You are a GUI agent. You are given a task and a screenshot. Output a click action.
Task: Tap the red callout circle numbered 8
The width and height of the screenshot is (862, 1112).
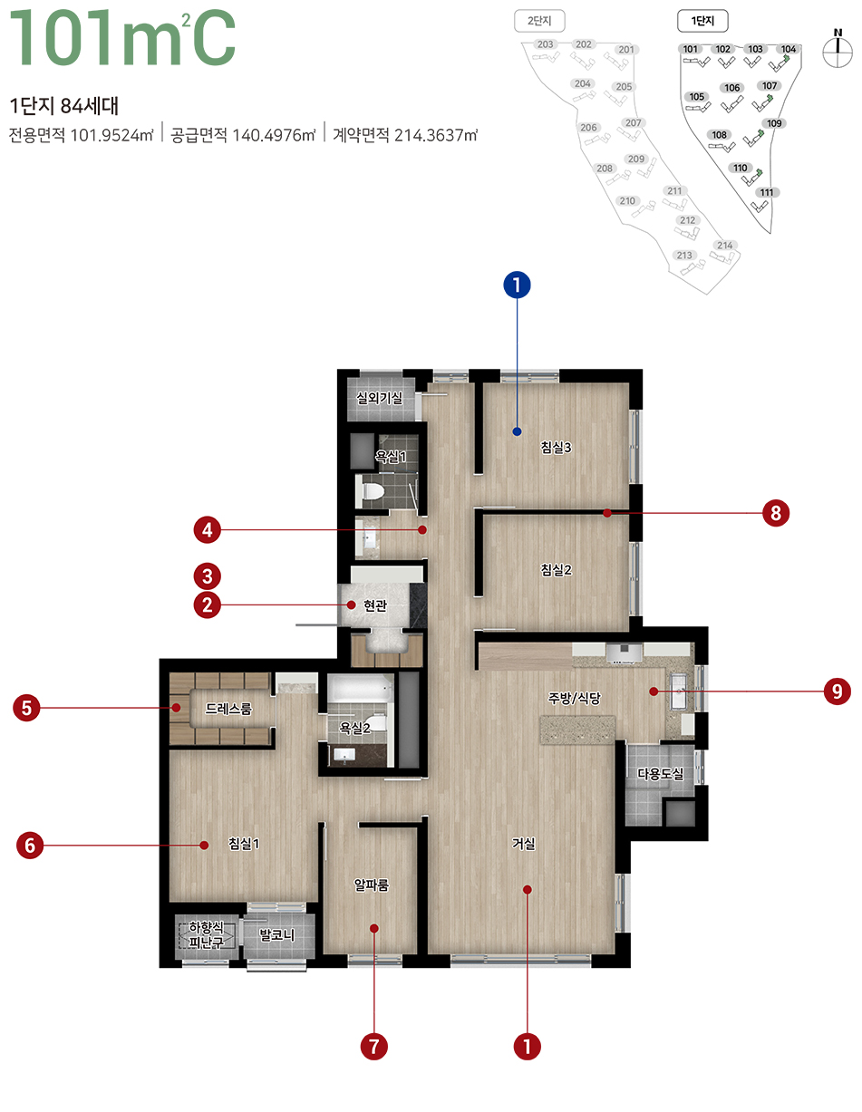click(775, 514)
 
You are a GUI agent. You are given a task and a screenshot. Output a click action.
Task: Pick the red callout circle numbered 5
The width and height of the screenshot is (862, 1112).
click(27, 707)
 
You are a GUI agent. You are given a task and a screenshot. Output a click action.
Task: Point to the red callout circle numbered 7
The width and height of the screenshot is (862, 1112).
click(373, 1047)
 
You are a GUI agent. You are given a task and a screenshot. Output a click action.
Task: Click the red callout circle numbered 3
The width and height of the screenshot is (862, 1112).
click(208, 575)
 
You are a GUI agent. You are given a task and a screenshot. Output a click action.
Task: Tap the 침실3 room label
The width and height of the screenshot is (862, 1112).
click(555, 447)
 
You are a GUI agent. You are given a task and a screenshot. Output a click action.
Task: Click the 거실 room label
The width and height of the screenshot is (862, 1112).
click(524, 844)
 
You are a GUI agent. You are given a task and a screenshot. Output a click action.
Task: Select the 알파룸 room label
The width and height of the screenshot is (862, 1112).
click(372, 885)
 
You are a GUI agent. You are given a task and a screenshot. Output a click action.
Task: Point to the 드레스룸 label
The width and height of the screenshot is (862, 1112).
click(228, 709)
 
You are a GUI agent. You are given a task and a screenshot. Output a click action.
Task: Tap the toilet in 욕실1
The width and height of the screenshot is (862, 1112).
click(373, 492)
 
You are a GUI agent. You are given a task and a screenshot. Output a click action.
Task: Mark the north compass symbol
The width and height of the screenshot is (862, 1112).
click(837, 51)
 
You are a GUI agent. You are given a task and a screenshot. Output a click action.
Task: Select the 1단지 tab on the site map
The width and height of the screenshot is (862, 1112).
click(702, 19)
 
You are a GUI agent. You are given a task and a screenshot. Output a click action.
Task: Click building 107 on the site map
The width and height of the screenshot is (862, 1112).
click(770, 86)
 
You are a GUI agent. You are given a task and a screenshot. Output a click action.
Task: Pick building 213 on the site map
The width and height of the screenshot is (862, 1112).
click(685, 256)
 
